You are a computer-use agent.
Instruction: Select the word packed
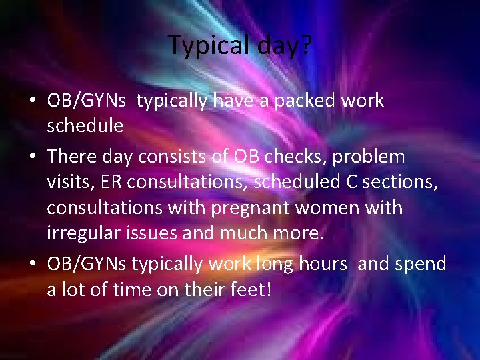pos(305,101)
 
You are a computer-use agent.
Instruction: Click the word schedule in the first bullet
pos(85,125)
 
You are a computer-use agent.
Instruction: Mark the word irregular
pos(84,233)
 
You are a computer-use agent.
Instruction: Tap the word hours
pos(323,264)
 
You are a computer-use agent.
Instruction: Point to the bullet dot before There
pos(33,157)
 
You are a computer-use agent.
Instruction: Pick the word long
pos(273,264)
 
